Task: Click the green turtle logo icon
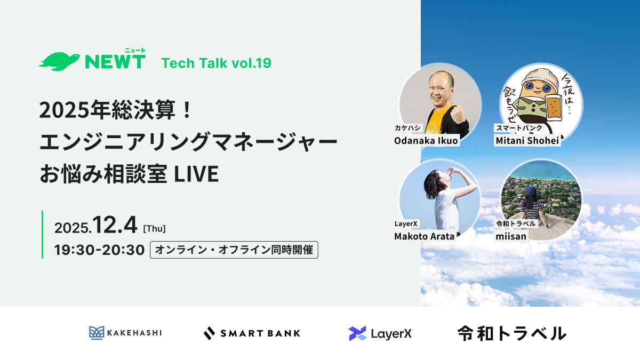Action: [59, 61]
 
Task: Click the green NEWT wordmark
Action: [115, 61]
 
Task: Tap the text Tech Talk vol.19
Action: [217, 63]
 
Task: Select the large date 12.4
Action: [115, 225]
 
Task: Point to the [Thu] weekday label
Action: [154, 229]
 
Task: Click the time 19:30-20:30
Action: [99, 250]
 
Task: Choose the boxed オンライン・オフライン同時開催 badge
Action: [234, 250]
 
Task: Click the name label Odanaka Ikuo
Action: [426, 141]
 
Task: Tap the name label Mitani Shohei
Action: [527, 141]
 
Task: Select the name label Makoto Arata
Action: [425, 236]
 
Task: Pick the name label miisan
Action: [511, 236]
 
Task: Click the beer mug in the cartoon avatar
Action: [553, 107]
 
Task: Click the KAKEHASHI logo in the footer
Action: [125, 333]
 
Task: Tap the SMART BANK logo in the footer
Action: [252, 333]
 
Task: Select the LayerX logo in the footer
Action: [380, 333]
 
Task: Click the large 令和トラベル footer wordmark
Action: [512, 333]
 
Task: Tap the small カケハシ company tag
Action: [407, 127]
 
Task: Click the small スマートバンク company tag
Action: [519, 127]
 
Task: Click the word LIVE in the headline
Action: [196, 174]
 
